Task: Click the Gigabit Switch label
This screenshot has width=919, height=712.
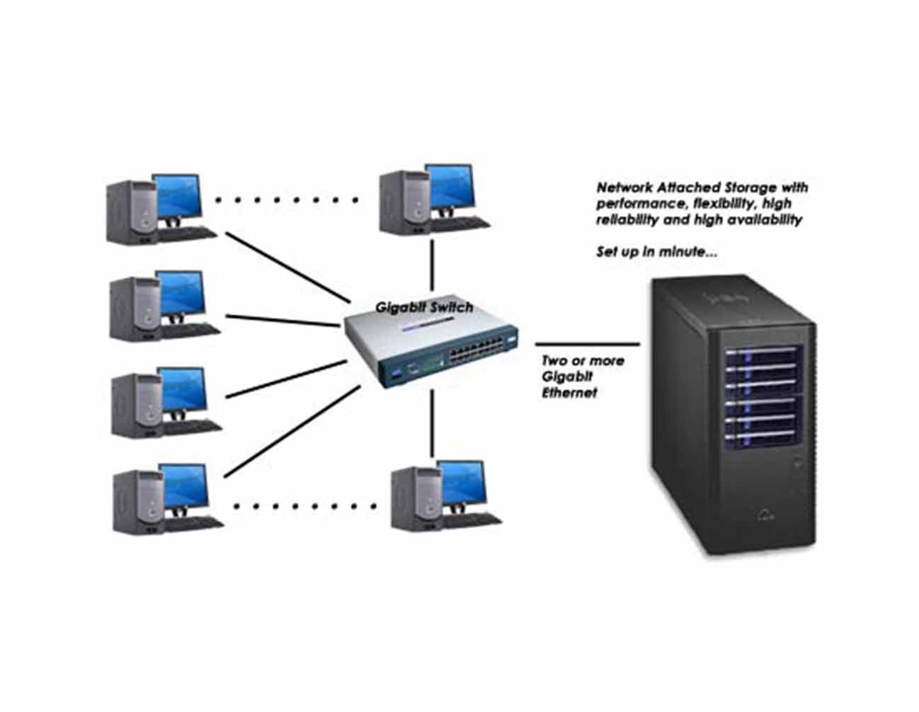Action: (424, 308)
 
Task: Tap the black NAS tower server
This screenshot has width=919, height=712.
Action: (734, 418)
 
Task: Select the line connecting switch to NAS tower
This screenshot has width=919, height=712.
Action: (588, 345)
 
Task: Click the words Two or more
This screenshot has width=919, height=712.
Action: (583, 361)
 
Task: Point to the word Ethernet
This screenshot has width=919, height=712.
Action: (569, 392)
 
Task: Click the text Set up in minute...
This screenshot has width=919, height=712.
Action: (656, 251)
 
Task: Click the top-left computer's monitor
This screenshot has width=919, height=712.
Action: (178, 196)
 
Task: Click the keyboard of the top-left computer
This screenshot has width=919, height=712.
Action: (188, 233)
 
